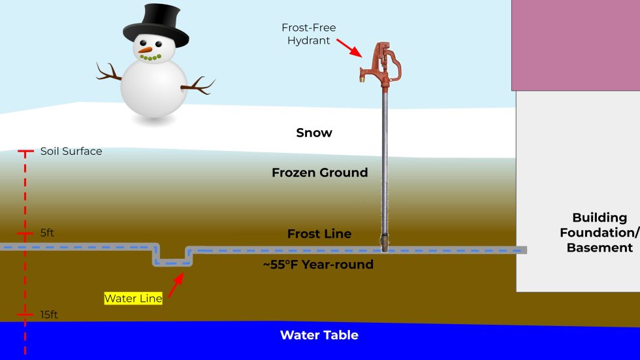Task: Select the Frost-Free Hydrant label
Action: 309,34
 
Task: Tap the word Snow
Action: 314,133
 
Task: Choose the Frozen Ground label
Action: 319,173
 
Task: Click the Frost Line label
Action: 319,234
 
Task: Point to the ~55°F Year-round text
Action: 318,265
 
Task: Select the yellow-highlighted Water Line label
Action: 133,299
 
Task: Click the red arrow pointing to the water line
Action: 176,286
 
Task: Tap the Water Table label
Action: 319,335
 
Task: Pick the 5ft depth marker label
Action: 47,233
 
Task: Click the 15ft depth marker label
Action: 49,315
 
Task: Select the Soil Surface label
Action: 71,151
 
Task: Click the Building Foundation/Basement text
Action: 600,233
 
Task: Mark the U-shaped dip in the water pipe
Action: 173,261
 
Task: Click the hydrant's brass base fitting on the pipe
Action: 385,246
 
